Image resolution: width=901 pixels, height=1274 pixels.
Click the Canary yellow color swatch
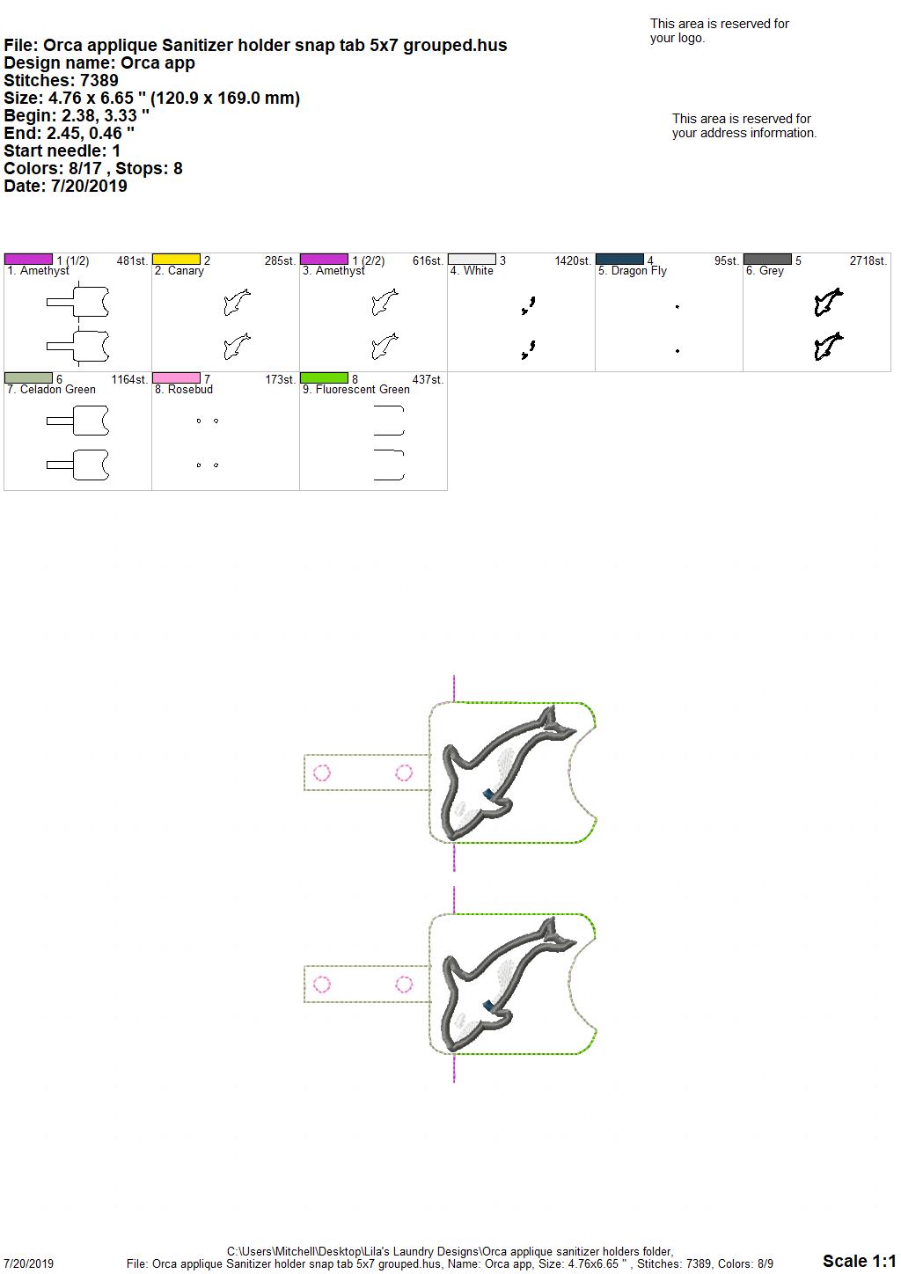pyautogui.click(x=176, y=260)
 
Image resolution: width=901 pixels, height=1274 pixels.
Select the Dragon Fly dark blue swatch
pyautogui.click(x=619, y=260)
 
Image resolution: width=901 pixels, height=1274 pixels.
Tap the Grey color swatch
pyautogui.click(x=767, y=260)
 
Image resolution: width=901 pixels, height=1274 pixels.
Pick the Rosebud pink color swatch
pyautogui.click(x=176, y=377)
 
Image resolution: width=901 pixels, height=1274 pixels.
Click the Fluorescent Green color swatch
pyautogui.click(x=324, y=377)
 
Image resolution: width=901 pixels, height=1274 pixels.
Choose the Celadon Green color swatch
pyautogui.click(x=28, y=377)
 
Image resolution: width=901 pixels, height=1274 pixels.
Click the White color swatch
pyautogui.click(x=472, y=260)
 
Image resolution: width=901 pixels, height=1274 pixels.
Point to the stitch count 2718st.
pyautogui.click(x=868, y=260)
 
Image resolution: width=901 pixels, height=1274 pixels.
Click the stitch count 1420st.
pyautogui.click(x=573, y=260)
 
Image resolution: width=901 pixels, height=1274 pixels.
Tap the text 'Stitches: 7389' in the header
pyautogui.click(x=61, y=80)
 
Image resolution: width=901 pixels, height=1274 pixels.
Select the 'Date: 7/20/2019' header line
pyautogui.click(x=65, y=186)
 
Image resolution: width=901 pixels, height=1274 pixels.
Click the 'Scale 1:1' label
pyautogui.click(x=859, y=1260)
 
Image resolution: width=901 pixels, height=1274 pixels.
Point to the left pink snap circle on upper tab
pyautogui.click(x=322, y=772)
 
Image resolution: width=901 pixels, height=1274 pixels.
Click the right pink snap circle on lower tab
pyautogui.click(x=404, y=984)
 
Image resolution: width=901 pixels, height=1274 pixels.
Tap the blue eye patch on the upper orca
pyautogui.click(x=488, y=794)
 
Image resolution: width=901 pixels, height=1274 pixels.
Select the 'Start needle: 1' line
pyautogui.click(x=62, y=150)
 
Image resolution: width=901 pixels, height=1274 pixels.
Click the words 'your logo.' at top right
pyautogui.click(x=678, y=38)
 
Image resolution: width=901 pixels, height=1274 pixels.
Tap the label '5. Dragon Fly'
pyautogui.click(x=632, y=271)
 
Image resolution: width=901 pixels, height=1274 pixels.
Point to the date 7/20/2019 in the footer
pyautogui.click(x=28, y=1263)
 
